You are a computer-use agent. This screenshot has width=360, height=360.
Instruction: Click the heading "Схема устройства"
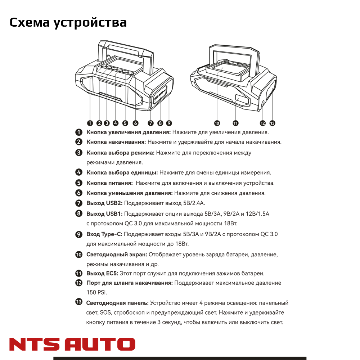pos(68,22)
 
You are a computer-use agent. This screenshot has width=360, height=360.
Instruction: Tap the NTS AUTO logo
pos(72,344)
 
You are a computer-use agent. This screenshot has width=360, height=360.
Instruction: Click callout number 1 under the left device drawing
pos(90,123)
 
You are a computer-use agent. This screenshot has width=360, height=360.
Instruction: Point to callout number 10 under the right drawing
pos(217,123)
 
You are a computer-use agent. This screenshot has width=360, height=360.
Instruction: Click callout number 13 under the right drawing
pos(272,123)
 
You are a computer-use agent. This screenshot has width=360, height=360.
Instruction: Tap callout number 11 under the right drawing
pos(235,123)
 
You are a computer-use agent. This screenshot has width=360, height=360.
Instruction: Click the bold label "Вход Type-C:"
pos(104,234)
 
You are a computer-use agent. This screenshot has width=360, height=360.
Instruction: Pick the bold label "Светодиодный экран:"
pos(117,255)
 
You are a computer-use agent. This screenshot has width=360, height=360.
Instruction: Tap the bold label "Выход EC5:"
pos(102,273)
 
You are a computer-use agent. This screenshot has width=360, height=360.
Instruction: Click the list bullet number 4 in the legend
pos(79,172)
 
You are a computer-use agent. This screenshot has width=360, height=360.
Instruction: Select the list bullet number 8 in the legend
pos(79,213)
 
